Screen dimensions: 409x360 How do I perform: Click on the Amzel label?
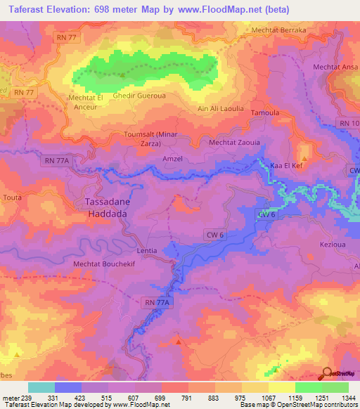click(173, 159)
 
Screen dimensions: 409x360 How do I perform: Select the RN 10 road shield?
click(348, 124)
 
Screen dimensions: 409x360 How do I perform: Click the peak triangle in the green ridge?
click(122, 75)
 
